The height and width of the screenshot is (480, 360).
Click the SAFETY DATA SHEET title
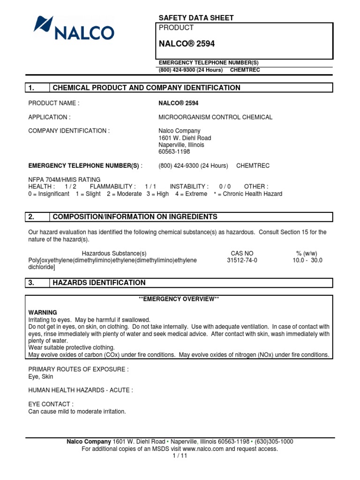(x=196, y=18)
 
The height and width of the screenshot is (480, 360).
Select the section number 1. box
(x=37, y=88)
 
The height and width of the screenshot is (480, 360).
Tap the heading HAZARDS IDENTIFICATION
(x=99, y=283)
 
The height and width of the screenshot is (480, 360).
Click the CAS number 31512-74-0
(x=242, y=260)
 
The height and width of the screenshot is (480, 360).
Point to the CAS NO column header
(x=242, y=253)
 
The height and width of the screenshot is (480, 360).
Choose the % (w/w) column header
(x=307, y=253)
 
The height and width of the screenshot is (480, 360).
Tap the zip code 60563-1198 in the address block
(x=174, y=152)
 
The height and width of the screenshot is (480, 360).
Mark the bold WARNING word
(x=43, y=312)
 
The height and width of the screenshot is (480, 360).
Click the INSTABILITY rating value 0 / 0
(x=225, y=187)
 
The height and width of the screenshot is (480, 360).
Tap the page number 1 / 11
(x=180, y=456)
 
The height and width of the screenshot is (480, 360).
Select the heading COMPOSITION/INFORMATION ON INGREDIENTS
(x=135, y=217)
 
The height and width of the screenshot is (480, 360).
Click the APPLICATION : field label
(x=50, y=117)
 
